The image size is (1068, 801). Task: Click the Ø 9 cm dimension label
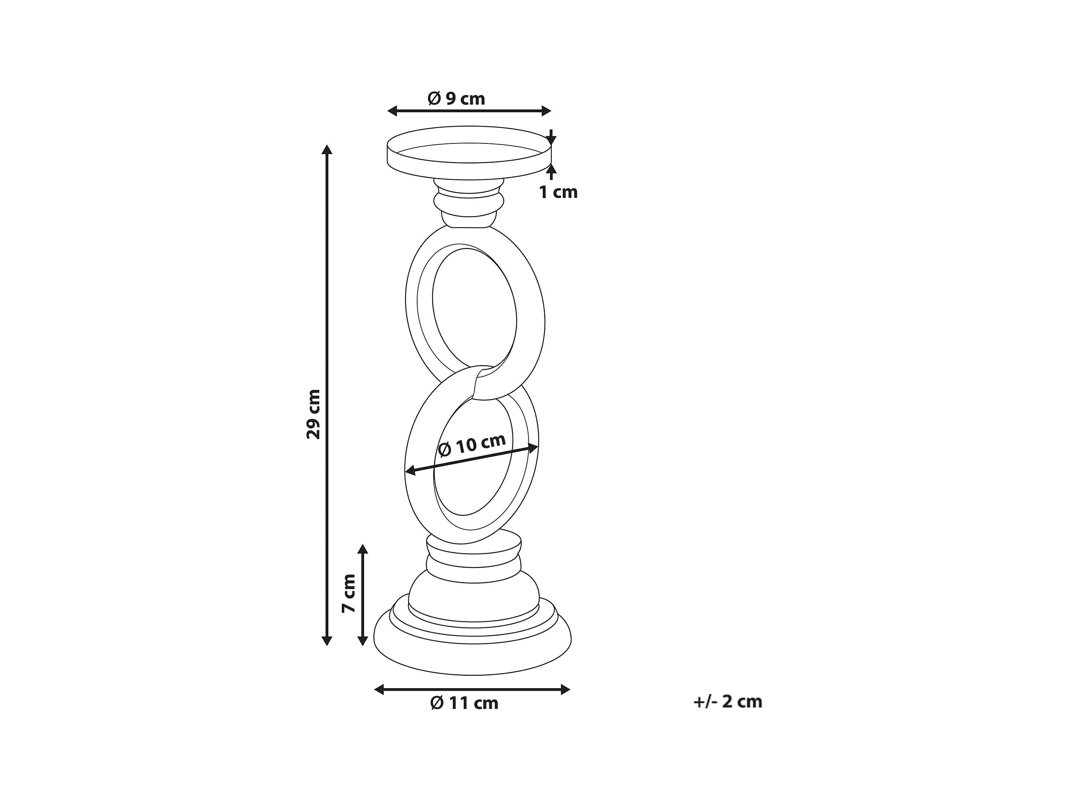(x=456, y=99)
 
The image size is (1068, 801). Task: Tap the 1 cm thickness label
(x=558, y=192)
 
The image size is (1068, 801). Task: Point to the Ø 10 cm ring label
(x=472, y=445)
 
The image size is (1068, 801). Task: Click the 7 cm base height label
(x=349, y=593)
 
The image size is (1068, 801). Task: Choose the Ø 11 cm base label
(x=464, y=703)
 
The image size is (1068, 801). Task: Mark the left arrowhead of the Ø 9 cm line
(x=392, y=111)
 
